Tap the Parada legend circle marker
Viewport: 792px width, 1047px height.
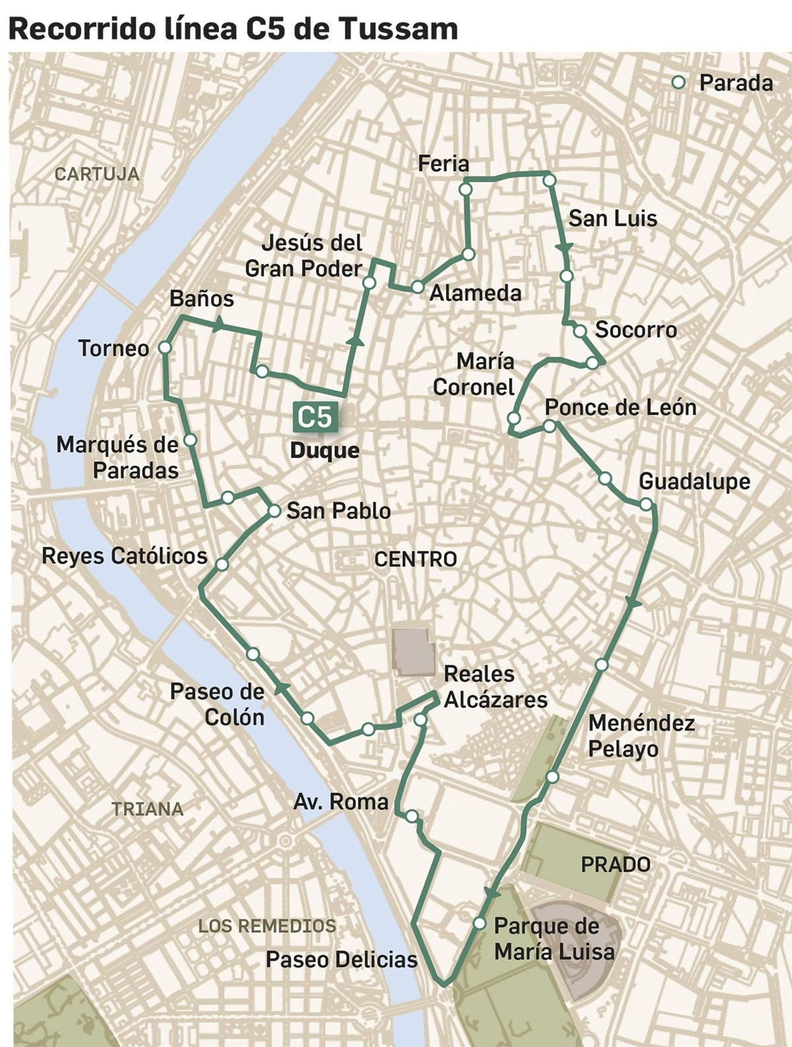coord(679,83)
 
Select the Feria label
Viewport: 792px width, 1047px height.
coord(443,164)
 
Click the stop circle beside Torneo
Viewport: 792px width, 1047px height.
coord(165,348)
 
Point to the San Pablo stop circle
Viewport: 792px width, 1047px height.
coord(274,511)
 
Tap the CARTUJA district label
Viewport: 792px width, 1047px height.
coord(97,174)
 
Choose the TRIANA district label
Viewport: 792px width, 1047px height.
coord(148,809)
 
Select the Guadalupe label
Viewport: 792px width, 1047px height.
coord(694,481)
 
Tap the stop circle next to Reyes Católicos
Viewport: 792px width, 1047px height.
coord(222,564)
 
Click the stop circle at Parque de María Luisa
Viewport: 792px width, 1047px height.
coord(479,923)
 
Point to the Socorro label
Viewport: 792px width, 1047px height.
coord(636,330)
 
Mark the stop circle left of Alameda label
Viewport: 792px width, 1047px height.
coord(418,287)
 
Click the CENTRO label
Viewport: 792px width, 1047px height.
coord(415,559)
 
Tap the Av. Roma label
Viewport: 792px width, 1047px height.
coord(341,802)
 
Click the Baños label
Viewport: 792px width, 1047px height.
coord(201,299)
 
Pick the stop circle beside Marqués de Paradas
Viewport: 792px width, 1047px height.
coord(190,440)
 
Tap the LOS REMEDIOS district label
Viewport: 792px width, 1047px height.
coord(267,926)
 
